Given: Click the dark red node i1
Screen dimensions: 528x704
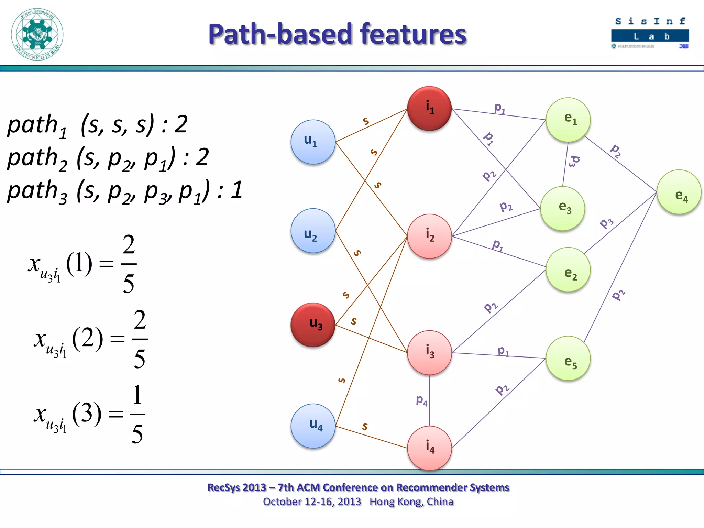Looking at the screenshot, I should pyautogui.click(x=429, y=108).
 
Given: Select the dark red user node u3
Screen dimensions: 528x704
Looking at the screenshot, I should pyautogui.click(x=313, y=325).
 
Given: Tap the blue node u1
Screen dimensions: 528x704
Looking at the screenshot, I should pyautogui.click(x=313, y=142).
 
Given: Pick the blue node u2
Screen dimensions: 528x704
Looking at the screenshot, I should pyautogui.click(x=313, y=231).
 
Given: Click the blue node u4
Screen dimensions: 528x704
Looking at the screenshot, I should pyautogui.click(x=313, y=426).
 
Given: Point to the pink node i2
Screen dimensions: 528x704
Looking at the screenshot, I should pyautogui.click(x=429, y=236).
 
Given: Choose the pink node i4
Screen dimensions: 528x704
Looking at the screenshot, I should pyautogui.click(x=429, y=448).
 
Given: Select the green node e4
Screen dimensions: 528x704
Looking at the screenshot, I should pyautogui.click(x=679, y=192).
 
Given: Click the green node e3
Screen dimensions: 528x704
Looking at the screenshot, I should pyautogui.click(x=562, y=208).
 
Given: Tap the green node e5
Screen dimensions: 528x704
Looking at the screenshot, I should pyautogui.click(x=568, y=358).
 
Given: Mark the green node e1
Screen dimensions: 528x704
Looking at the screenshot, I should pyautogui.click(x=568, y=120).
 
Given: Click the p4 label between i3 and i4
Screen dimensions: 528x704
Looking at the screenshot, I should pyautogui.click(x=421, y=400).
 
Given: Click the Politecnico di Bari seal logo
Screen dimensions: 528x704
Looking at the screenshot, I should pyautogui.click(x=37, y=34).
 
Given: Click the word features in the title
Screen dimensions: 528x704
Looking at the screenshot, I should pyautogui.click(x=413, y=34).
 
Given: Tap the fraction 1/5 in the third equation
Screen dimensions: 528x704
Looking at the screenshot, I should pyautogui.click(x=137, y=414).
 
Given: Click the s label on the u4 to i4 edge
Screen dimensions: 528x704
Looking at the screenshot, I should pyautogui.click(x=365, y=427).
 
